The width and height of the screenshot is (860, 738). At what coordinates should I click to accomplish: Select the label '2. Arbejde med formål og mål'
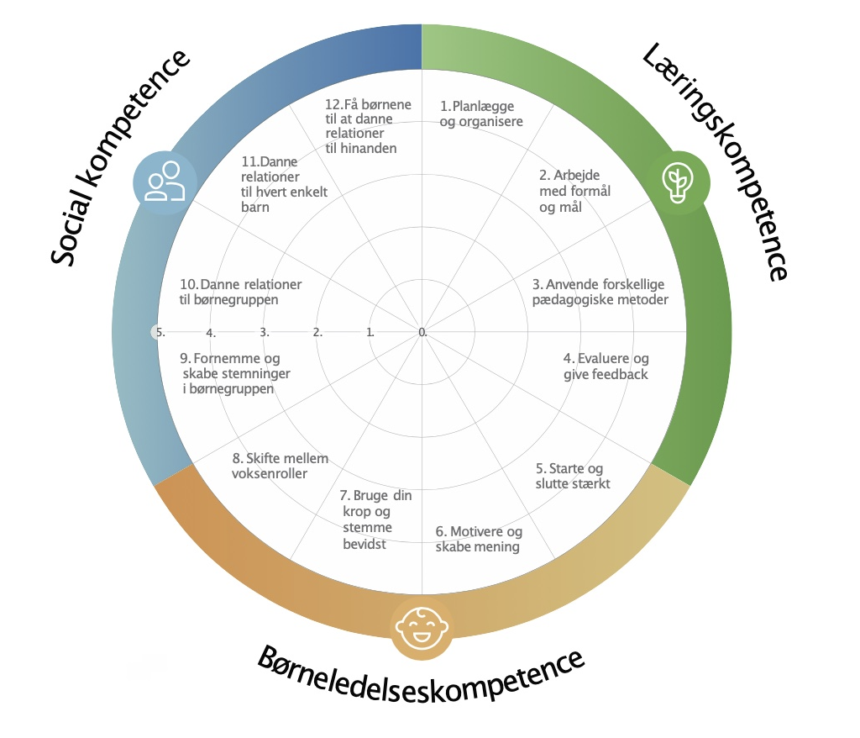574,192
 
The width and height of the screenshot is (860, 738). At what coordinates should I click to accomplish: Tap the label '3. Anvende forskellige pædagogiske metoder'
600,292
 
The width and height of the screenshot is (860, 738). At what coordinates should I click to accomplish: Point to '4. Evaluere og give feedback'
606,366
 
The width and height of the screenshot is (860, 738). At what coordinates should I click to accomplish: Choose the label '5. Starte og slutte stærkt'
573,476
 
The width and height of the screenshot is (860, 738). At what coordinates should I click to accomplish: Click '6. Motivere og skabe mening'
478,540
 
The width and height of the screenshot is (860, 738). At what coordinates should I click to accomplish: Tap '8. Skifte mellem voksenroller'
280,466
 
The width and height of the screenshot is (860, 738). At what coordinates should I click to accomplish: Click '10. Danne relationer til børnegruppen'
241,292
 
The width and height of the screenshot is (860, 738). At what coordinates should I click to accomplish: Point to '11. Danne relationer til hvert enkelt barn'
284,183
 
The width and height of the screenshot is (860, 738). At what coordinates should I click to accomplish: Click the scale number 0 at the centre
422,332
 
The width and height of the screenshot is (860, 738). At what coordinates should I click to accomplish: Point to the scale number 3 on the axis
265,332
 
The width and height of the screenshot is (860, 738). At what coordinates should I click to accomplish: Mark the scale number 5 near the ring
160,332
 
